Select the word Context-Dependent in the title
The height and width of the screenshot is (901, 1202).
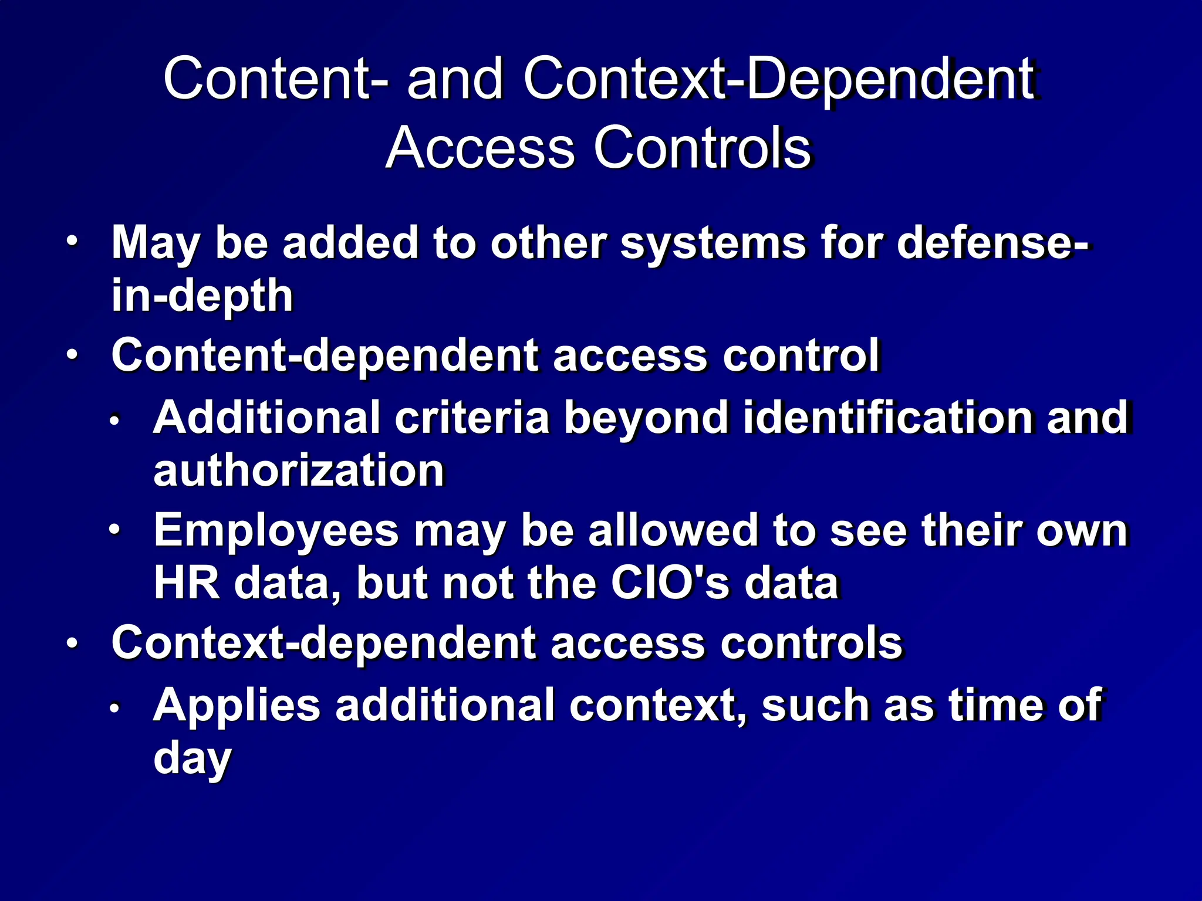point(779,79)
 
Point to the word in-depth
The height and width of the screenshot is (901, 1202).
point(202,296)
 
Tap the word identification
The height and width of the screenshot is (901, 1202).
point(887,417)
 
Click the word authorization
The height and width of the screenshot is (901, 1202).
point(299,470)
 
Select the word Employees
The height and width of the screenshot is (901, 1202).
point(276,531)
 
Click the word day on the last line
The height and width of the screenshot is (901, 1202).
point(192,758)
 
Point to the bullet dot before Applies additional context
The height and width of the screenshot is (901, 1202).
point(115,708)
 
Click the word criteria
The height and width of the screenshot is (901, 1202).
point(472,417)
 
